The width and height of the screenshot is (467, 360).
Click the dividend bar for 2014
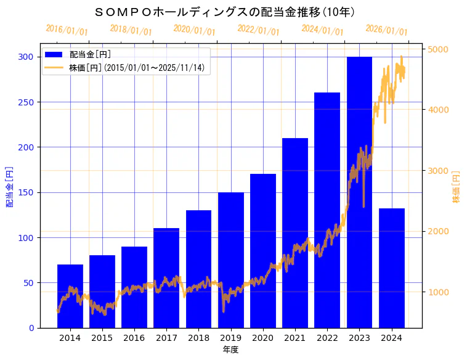(70, 296)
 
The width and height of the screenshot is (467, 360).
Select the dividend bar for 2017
(166, 277)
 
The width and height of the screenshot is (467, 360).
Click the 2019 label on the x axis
(231, 338)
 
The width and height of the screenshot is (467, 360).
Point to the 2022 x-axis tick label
(327, 338)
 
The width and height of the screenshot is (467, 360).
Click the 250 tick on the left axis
(26, 102)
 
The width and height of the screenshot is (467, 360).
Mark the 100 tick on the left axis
(26, 238)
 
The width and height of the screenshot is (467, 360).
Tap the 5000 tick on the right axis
(439, 49)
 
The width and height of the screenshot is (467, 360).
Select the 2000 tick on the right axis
(439, 231)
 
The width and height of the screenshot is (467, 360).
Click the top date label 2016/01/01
(67, 30)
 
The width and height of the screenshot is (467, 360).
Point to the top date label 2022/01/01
(258, 30)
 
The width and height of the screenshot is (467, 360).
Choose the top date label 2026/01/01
(386, 30)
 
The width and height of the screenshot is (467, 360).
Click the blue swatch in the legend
(54, 54)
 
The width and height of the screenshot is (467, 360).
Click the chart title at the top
(225, 12)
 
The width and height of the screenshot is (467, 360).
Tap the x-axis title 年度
(230, 350)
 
